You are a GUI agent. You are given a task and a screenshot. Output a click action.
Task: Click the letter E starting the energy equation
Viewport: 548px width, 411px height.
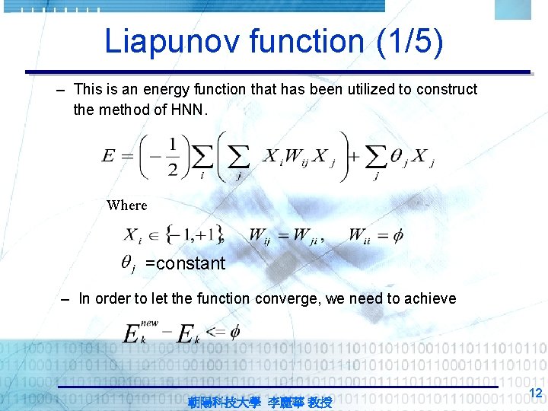108,157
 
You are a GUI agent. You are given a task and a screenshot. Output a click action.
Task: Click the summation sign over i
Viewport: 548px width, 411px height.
202,158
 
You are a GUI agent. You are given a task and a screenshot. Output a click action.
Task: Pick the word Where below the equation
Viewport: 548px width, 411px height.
126,205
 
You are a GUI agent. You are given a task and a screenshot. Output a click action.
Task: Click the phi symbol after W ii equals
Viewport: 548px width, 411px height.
397,235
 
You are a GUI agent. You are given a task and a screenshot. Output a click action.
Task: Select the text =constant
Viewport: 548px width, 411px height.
185,263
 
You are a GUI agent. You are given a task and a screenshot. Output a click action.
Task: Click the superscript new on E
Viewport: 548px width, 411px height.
149,323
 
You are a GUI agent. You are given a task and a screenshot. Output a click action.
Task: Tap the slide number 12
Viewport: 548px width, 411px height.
535,393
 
